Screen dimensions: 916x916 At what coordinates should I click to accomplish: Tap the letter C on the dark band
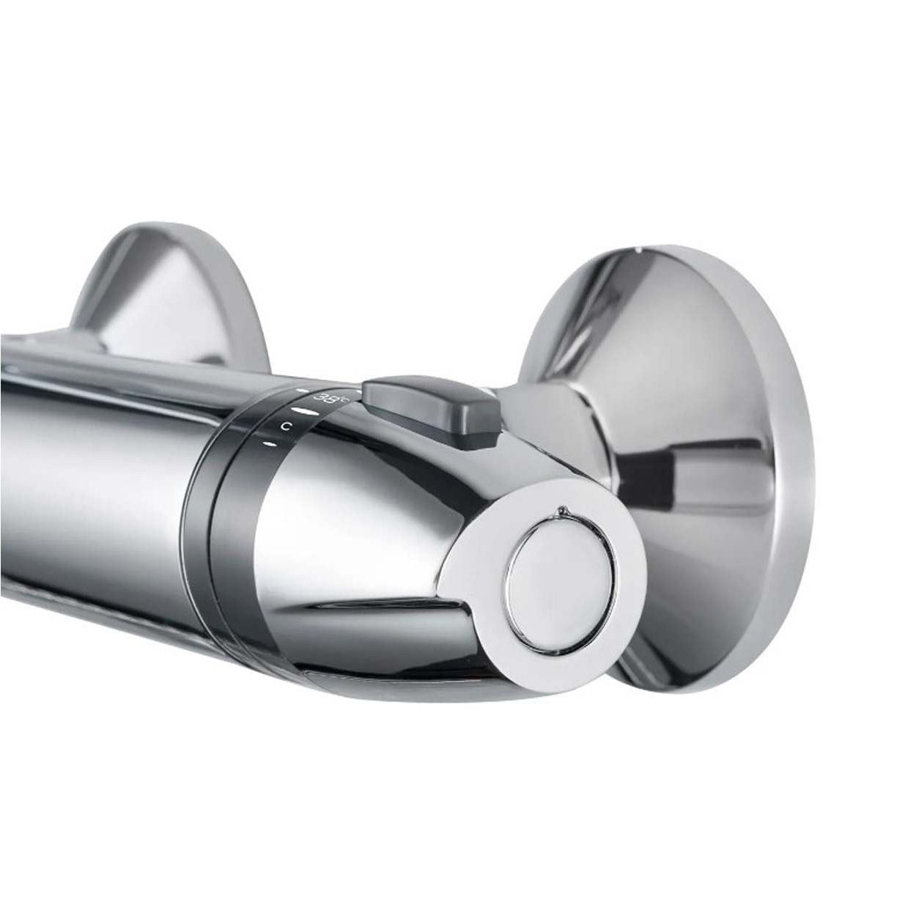(289, 425)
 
